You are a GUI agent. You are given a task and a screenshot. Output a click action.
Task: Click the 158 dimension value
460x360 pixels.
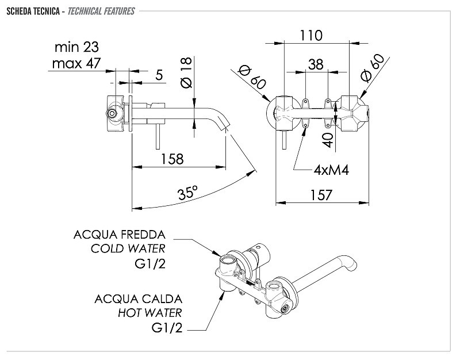pos(172,159)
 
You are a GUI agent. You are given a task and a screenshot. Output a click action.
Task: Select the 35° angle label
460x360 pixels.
pos(187,193)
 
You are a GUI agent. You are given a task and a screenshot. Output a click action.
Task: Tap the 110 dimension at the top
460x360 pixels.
pos(311,36)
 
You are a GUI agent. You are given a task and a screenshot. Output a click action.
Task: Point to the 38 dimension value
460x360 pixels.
pos(316,64)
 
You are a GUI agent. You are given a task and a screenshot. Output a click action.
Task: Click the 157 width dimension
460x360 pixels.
pos(321,195)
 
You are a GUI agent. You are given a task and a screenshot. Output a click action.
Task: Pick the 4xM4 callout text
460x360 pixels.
pos(332,170)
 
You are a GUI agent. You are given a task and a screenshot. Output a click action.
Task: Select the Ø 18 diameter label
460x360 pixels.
pos(186,72)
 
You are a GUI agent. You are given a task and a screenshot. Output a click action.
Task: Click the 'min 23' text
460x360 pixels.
pos(77,47)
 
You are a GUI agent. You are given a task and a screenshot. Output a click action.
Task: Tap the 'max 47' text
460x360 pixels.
pos(76,63)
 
